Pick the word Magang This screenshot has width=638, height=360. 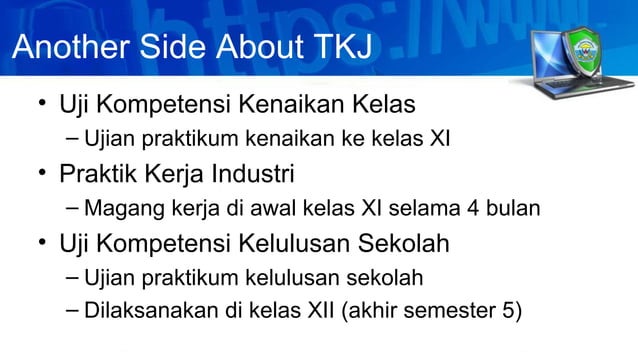pos(120,209)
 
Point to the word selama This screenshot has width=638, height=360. pos(433,209)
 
